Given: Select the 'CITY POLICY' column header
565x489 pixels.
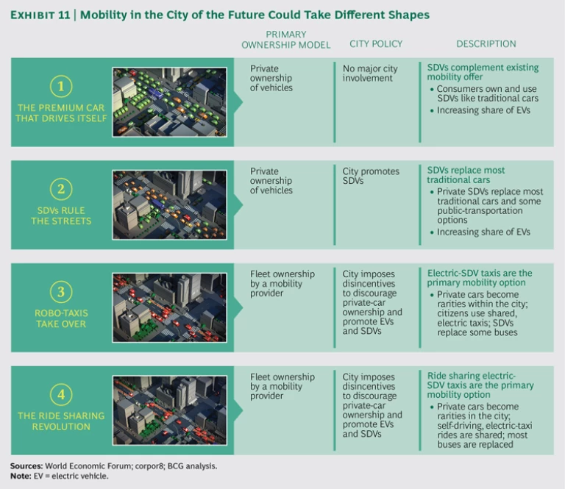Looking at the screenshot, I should [x=376, y=44].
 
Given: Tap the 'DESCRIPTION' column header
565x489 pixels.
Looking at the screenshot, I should [x=486, y=44].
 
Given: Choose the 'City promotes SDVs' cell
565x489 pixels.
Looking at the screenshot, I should [x=371, y=176].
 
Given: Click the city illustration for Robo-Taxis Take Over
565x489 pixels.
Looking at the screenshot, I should [x=169, y=308].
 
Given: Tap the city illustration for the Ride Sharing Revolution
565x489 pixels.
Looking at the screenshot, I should [x=169, y=410].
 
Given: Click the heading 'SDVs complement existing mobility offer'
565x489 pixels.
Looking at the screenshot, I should [x=483, y=73].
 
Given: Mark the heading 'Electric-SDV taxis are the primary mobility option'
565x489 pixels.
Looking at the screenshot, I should [x=480, y=278].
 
